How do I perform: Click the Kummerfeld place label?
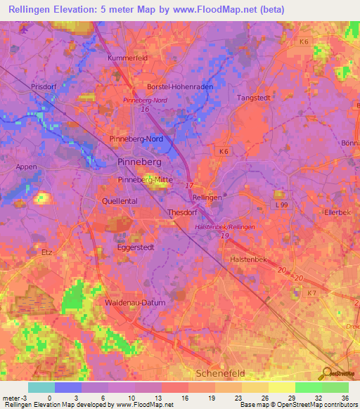coord(127,57)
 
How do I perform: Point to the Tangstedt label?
coord(255,98)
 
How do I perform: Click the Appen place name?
coord(27,167)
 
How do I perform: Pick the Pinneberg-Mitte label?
coord(144,180)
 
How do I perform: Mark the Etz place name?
coord(48,251)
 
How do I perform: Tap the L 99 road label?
coord(281,204)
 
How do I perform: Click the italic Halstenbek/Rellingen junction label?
coord(224,227)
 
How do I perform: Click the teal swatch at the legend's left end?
coord(41,387)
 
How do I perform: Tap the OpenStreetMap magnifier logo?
coord(328,374)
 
